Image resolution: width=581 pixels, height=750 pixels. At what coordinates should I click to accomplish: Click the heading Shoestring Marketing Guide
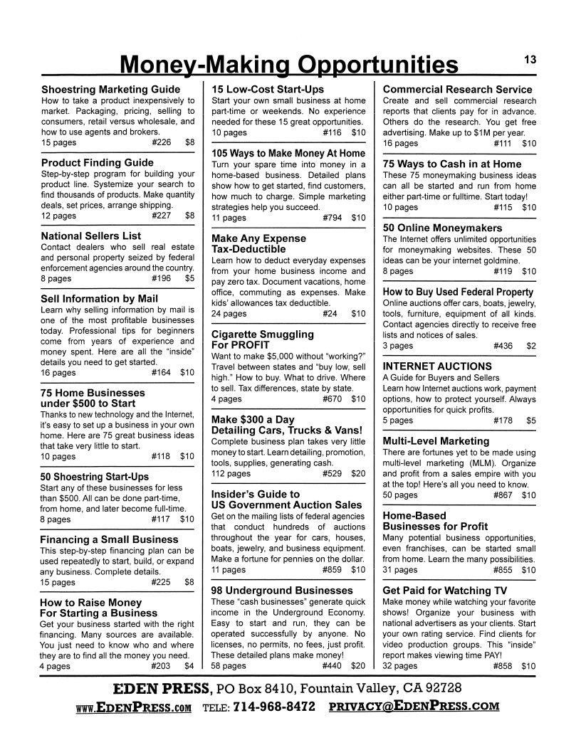pos(110,90)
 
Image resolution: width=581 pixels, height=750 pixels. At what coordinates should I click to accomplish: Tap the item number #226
pos(161,142)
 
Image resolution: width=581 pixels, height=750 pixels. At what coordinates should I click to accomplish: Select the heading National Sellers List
pos(91,236)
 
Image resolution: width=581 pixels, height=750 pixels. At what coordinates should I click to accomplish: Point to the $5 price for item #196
pos(189,279)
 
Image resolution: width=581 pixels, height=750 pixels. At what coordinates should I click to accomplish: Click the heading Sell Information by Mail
pos(100,299)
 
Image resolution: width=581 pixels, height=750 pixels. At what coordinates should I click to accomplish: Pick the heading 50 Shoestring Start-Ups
pos(95,476)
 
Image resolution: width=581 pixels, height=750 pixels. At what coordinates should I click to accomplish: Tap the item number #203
pos(161,666)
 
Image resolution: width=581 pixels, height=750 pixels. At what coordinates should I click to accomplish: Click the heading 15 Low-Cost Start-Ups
pos(268,90)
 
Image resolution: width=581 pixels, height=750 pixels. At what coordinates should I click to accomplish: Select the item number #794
pos(332,218)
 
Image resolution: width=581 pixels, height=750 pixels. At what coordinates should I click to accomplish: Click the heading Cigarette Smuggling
pos(263,334)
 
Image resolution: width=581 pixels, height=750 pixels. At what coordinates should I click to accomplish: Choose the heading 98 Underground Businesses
pos(282,591)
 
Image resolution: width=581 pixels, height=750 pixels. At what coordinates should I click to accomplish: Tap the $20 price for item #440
pos(357,666)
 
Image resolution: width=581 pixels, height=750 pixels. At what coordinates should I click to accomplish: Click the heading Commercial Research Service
pos(457,90)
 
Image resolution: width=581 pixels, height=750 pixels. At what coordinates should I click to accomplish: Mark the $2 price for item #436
pos(530,346)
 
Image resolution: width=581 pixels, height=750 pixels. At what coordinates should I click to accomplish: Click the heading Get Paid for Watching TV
pos(446,591)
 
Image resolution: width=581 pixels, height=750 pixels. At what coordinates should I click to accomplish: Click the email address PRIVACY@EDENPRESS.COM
pos(414,707)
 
